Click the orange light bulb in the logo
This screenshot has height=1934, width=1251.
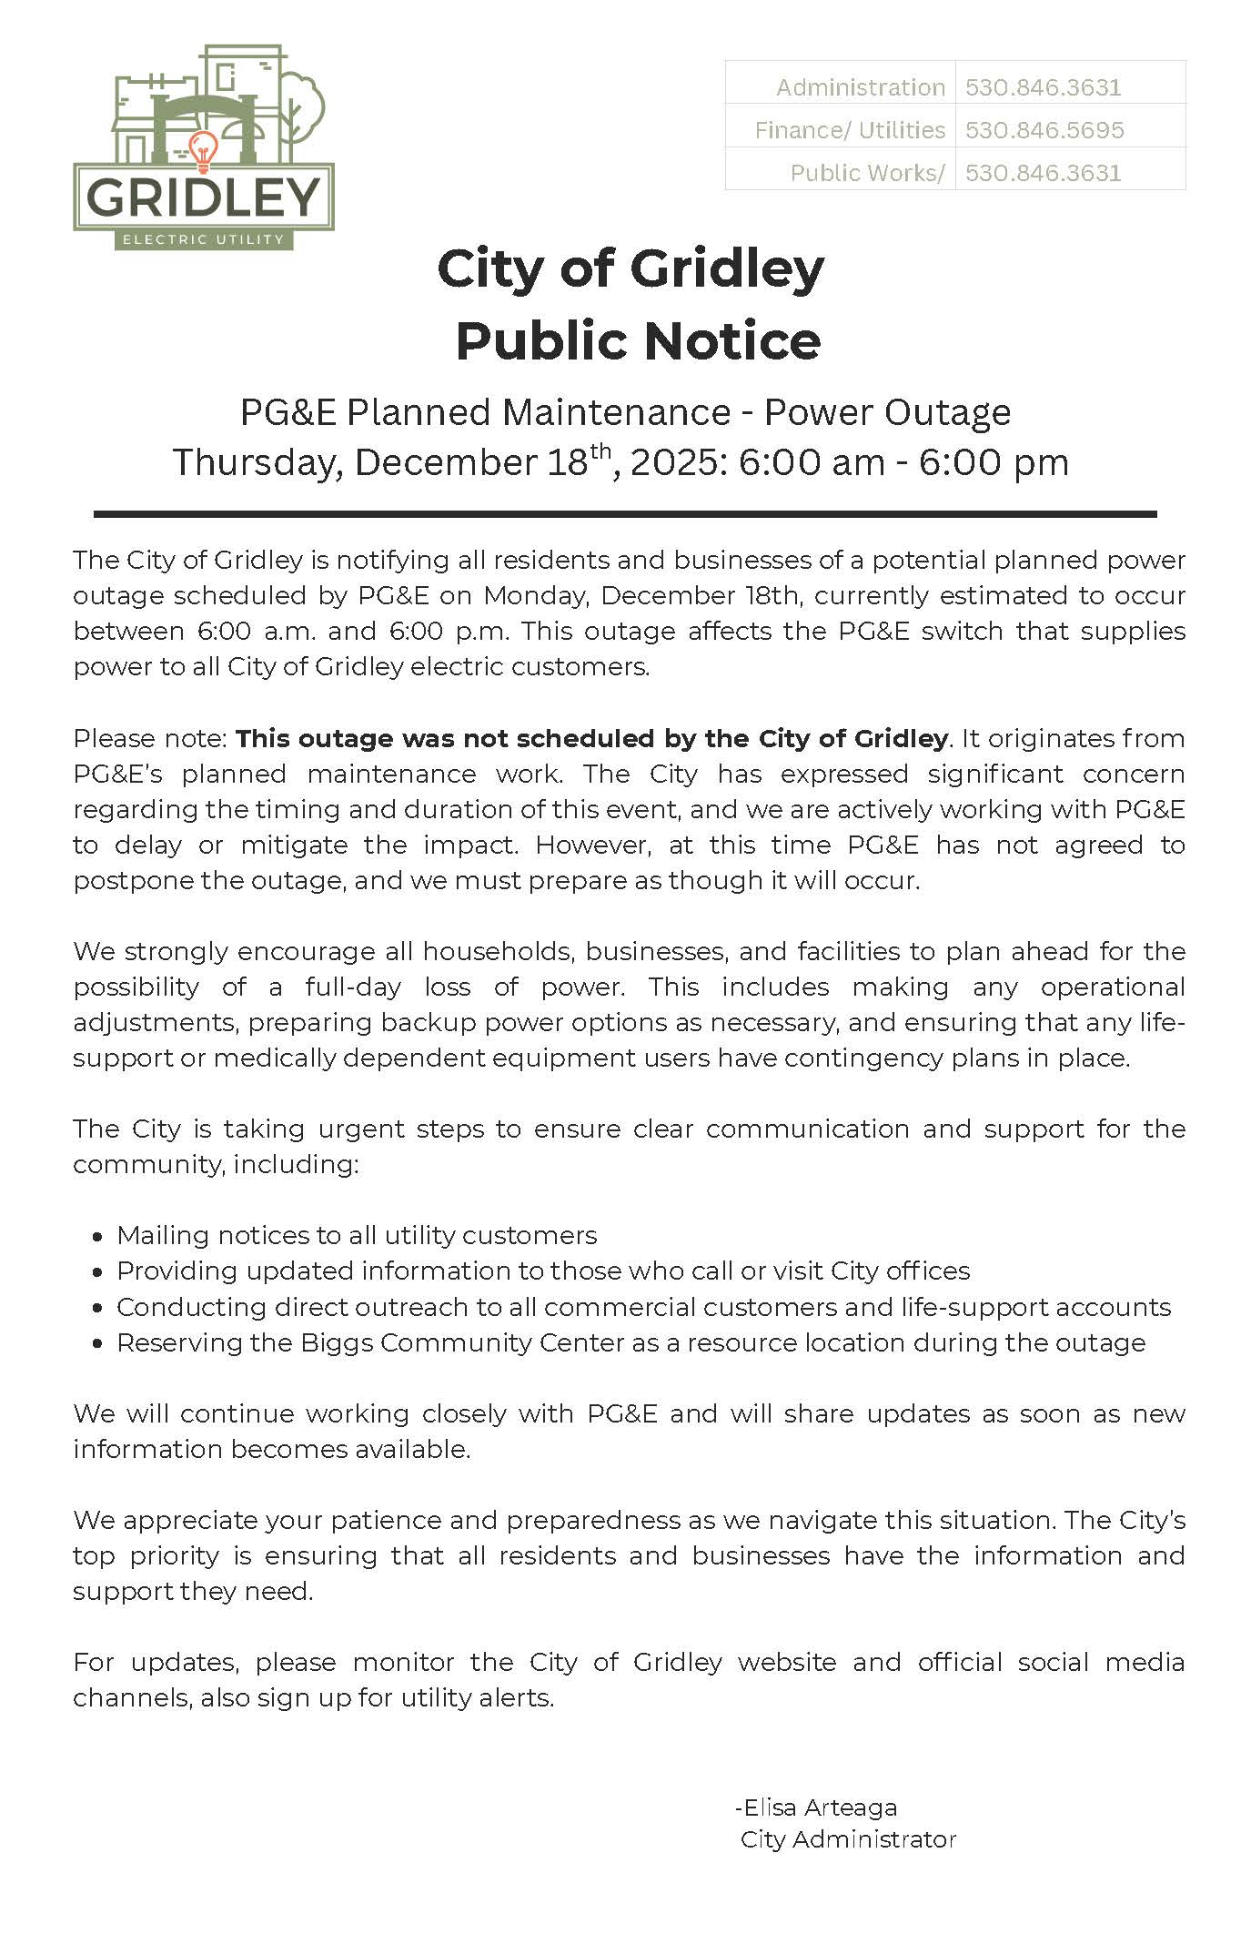202,150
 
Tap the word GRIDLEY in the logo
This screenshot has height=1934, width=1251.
205,197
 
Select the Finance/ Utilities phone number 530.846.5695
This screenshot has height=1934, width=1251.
1044,130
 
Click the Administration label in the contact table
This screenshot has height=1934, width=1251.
860,87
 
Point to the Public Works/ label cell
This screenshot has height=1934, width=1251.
866,173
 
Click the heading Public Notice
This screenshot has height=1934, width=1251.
638,341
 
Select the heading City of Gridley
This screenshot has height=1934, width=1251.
631,269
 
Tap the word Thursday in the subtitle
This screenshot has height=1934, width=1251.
257,462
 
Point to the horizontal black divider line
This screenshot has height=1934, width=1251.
625,514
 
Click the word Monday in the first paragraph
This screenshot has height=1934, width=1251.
537,595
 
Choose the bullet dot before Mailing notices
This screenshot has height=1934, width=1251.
97,1237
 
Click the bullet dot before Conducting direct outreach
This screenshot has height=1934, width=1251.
97,1308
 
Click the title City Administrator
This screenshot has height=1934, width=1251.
848,1839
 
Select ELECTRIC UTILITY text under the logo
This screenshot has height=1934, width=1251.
204,239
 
